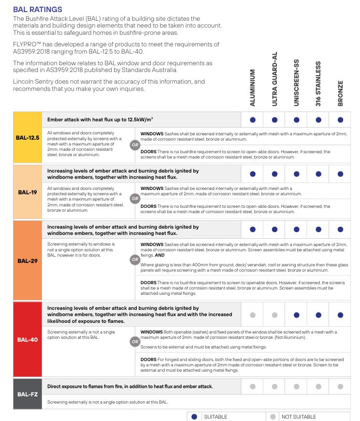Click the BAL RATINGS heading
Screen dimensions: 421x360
pos(38,9)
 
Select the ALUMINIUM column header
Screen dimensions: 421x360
pos(253,87)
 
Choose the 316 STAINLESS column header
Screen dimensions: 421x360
pos(318,84)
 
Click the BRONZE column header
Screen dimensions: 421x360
pos(340,93)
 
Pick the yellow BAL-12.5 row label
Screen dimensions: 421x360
pos(28,138)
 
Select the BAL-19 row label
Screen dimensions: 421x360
pos(28,192)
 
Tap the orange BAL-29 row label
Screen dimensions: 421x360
pos(28,261)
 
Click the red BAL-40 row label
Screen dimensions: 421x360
pos(28,339)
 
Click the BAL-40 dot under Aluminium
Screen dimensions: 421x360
pos(253,315)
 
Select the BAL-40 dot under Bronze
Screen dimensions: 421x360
pos(340,315)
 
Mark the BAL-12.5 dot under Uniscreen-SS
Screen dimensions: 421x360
pos(296,120)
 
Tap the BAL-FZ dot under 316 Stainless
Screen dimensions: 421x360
pos(318,387)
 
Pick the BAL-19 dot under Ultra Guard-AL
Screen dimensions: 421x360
pos(274,174)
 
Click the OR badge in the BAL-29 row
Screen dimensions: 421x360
pos(135,260)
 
